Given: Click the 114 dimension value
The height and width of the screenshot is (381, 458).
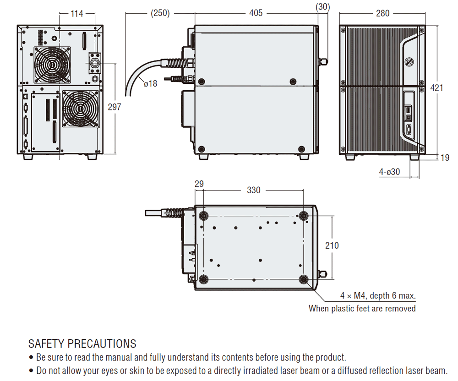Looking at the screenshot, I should pyautogui.click(x=76, y=14).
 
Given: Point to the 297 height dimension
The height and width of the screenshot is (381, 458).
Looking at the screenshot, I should pyautogui.click(x=114, y=107).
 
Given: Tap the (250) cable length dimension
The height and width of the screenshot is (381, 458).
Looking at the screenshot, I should pyautogui.click(x=160, y=13).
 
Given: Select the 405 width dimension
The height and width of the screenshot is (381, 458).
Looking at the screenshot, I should pyautogui.click(x=256, y=13).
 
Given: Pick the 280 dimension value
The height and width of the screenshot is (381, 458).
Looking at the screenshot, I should pyautogui.click(x=382, y=13).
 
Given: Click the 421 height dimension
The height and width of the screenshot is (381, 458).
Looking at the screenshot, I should pyautogui.click(x=436, y=87).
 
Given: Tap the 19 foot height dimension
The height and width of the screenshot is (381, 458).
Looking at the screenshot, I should pyautogui.click(x=445, y=158).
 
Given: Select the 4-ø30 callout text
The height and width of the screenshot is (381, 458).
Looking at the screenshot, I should pyautogui.click(x=389, y=172).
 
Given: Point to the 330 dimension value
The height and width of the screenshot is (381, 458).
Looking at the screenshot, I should pyautogui.click(x=253, y=190).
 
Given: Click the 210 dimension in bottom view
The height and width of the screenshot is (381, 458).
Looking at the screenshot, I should pyautogui.click(x=332, y=245).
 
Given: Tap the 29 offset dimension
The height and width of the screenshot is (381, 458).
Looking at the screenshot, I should pyautogui.click(x=199, y=184).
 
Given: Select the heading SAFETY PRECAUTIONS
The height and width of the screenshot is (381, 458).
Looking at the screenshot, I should pyautogui.click(x=82, y=343).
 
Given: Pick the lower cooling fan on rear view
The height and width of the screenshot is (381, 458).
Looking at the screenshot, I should pyautogui.click(x=80, y=109).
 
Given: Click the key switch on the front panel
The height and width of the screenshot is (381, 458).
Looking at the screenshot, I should pyautogui.click(x=409, y=61).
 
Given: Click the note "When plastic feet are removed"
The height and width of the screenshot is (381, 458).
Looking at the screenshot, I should pyautogui.click(x=362, y=308).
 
